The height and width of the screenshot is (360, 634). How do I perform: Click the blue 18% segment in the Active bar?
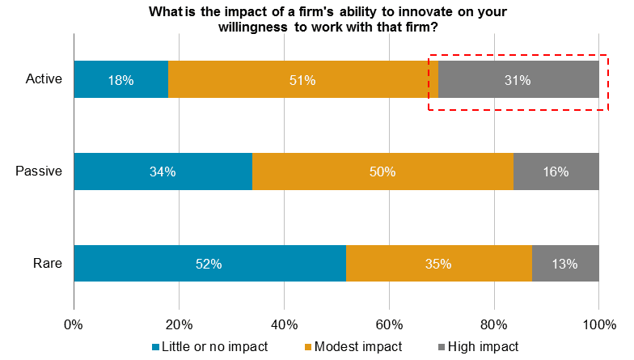120,80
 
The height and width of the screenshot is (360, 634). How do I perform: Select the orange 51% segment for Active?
303,80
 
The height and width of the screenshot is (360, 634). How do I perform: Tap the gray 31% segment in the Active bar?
518,80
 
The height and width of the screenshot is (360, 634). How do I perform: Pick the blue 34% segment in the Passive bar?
163,172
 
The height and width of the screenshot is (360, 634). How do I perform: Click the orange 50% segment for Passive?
383,172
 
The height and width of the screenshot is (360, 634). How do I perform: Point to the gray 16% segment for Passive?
556,172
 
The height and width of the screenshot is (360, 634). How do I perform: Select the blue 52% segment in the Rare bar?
209,264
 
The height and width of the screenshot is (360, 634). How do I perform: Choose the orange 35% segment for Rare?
438,264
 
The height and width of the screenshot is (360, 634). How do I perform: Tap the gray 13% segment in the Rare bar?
564,264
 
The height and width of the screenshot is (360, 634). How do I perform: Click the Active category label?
44,80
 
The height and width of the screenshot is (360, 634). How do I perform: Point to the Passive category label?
40,172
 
